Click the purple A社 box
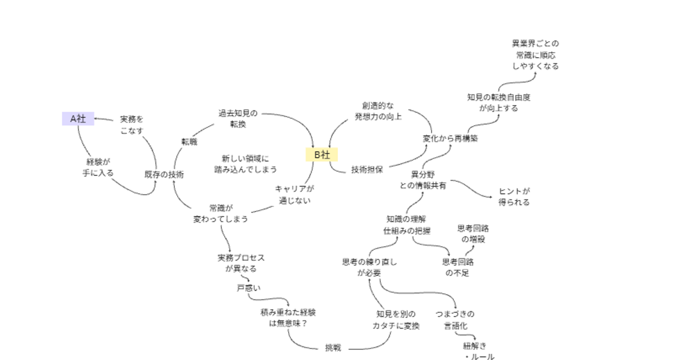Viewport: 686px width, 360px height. tap(78, 119)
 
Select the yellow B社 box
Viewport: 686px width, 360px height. tap(322, 154)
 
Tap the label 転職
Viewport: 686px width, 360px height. tap(189, 142)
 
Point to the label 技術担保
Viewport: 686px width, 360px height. tap(367, 169)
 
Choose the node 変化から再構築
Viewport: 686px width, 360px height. tap(450, 138)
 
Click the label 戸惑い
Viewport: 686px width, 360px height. tap(249, 287)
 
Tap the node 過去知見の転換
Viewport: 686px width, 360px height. tap(238, 118)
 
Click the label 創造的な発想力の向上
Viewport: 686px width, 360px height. tap(378, 111)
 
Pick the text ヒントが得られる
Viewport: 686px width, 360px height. tap(514, 197)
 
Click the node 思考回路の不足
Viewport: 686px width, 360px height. tap(457, 267)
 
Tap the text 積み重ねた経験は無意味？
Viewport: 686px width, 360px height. tap(288, 318)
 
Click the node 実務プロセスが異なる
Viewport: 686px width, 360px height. tap(241, 263)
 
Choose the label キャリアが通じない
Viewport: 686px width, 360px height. tap(294, 194)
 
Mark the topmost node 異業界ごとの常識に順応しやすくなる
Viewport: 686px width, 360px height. tap(535, 54)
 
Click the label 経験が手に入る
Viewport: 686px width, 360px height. tap(98, 167)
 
